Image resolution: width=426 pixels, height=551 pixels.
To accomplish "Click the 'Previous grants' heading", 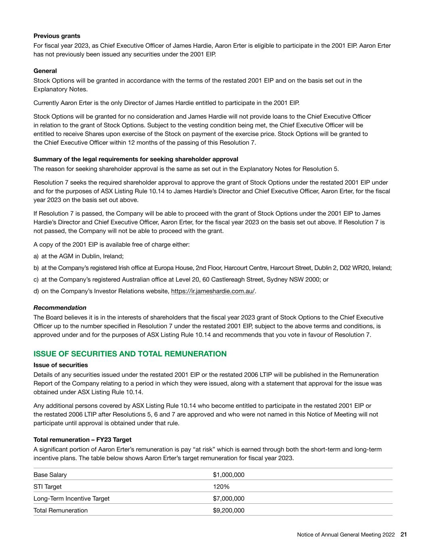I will [x=57, y=36].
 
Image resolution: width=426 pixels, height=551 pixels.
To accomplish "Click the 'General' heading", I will [x=45, y=71].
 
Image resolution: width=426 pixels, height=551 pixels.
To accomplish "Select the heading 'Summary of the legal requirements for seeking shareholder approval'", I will [x=136, y=159].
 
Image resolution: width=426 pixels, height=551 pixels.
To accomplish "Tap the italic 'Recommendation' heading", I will [x=60, y=308].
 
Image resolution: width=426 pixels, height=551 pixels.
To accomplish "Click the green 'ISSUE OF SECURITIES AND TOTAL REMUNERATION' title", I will [x=130, y=354].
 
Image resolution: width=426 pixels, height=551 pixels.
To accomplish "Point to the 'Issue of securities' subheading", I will [x=61, y=365].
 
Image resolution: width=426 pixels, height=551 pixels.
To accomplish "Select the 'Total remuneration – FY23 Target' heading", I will [x=82, y=440].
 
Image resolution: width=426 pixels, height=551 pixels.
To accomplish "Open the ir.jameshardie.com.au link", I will [x=213, y=291].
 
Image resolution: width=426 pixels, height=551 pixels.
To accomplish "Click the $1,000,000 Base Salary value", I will [x=229, y=475].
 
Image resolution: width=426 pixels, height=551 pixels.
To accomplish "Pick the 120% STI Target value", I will [x=221, y=486].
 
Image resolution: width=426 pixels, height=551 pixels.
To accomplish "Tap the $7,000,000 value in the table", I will [x=229, y=499].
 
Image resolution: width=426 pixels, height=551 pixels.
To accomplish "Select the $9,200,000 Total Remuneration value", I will [x=229, y=510].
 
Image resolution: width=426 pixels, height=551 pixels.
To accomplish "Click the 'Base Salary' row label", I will [x=50, y=475].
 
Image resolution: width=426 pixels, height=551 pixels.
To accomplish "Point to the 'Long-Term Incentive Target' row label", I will [x=71, y=499].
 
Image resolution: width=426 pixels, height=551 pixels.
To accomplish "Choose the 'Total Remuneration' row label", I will [x=61, y=510].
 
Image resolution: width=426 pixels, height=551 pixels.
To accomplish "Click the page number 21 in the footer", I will [x=403, y=534].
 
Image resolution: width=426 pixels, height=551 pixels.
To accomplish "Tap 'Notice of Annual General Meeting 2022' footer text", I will [x=346, y=534].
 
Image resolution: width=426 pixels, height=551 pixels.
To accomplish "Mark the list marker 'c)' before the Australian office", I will [x=36, y=279].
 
